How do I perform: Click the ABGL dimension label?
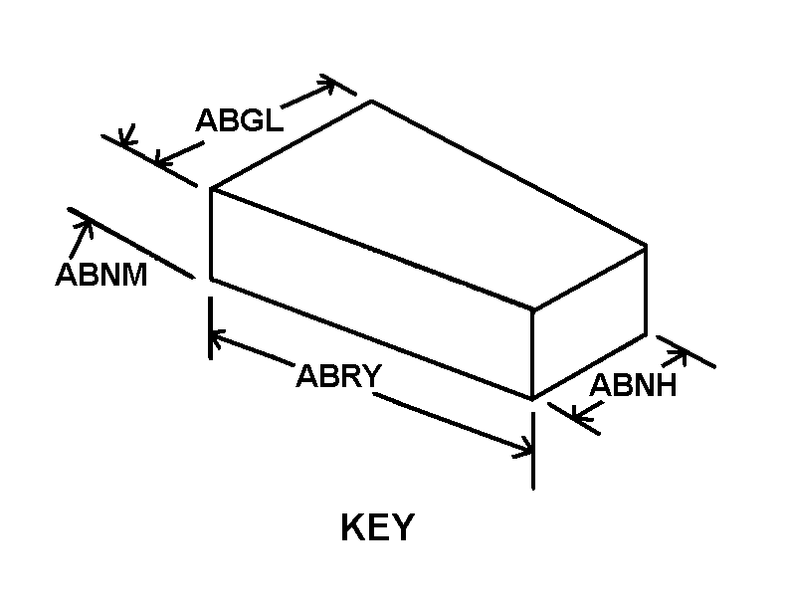240,120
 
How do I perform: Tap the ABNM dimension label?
101,275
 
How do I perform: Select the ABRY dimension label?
339,376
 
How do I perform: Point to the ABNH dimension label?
633,385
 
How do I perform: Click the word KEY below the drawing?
377,526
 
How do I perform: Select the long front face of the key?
371,294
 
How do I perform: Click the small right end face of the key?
589,321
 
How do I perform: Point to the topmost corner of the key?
371,101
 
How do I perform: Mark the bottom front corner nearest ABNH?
532,399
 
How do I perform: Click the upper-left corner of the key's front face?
211,188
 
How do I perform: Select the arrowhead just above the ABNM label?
86,228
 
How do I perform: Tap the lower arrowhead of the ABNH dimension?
580,414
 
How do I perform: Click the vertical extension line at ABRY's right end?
533,450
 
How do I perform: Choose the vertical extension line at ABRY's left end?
211,327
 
